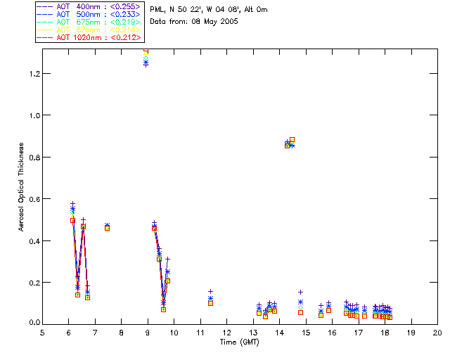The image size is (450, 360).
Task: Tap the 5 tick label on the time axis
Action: [42, 333]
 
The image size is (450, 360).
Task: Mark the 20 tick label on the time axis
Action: [437, 333]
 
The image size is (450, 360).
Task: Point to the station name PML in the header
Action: [157, 10]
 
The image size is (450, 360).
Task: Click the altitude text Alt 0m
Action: [254, 10]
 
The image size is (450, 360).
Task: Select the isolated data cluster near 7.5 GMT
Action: [107, 226]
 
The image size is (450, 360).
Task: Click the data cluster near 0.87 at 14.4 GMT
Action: [289, 143]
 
